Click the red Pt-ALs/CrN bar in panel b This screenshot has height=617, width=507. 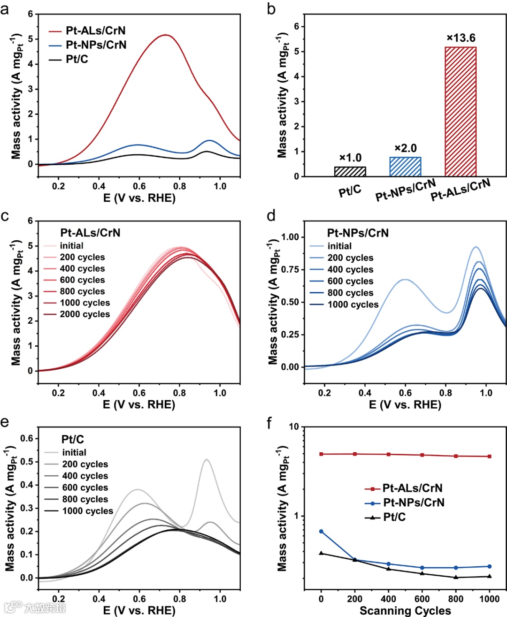point(460,112)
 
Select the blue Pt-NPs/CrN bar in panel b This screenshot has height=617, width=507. point(405,167)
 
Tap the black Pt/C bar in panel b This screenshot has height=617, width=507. point(350,171)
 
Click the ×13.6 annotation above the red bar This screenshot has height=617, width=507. point(461,38)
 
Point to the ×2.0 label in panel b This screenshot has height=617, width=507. point(405,148)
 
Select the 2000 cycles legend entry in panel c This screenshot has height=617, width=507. point(84,314)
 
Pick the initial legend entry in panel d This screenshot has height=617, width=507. point(339,246)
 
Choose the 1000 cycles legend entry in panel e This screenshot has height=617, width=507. point(87,511)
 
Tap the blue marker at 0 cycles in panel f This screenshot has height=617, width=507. point(321,531)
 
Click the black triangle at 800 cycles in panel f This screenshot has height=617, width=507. point(456,577)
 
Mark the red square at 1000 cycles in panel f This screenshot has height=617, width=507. point(490,456)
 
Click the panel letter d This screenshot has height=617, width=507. point(271,216)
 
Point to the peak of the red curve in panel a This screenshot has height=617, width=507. point(165,35)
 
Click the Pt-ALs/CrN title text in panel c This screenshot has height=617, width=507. point(90,233)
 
